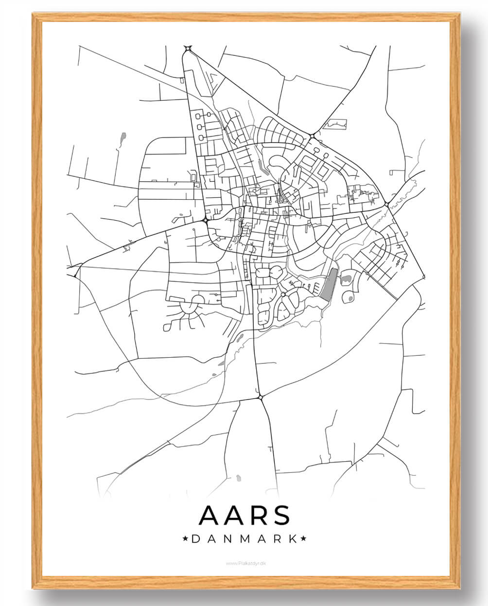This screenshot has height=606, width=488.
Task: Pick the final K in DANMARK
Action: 293,538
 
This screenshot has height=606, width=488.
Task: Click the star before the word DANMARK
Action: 185,538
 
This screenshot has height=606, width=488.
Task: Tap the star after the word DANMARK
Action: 304,538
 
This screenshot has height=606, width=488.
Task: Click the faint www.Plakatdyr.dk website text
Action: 244,563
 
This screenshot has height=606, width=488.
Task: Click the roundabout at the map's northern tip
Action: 188,48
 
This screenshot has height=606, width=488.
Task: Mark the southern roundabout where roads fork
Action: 261,397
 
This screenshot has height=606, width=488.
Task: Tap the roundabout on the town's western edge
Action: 206,221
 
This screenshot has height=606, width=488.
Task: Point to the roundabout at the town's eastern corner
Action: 386,204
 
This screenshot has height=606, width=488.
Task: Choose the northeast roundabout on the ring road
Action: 311,136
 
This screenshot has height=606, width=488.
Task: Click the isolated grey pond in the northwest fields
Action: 123,139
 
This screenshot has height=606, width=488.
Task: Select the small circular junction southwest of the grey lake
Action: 283,294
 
